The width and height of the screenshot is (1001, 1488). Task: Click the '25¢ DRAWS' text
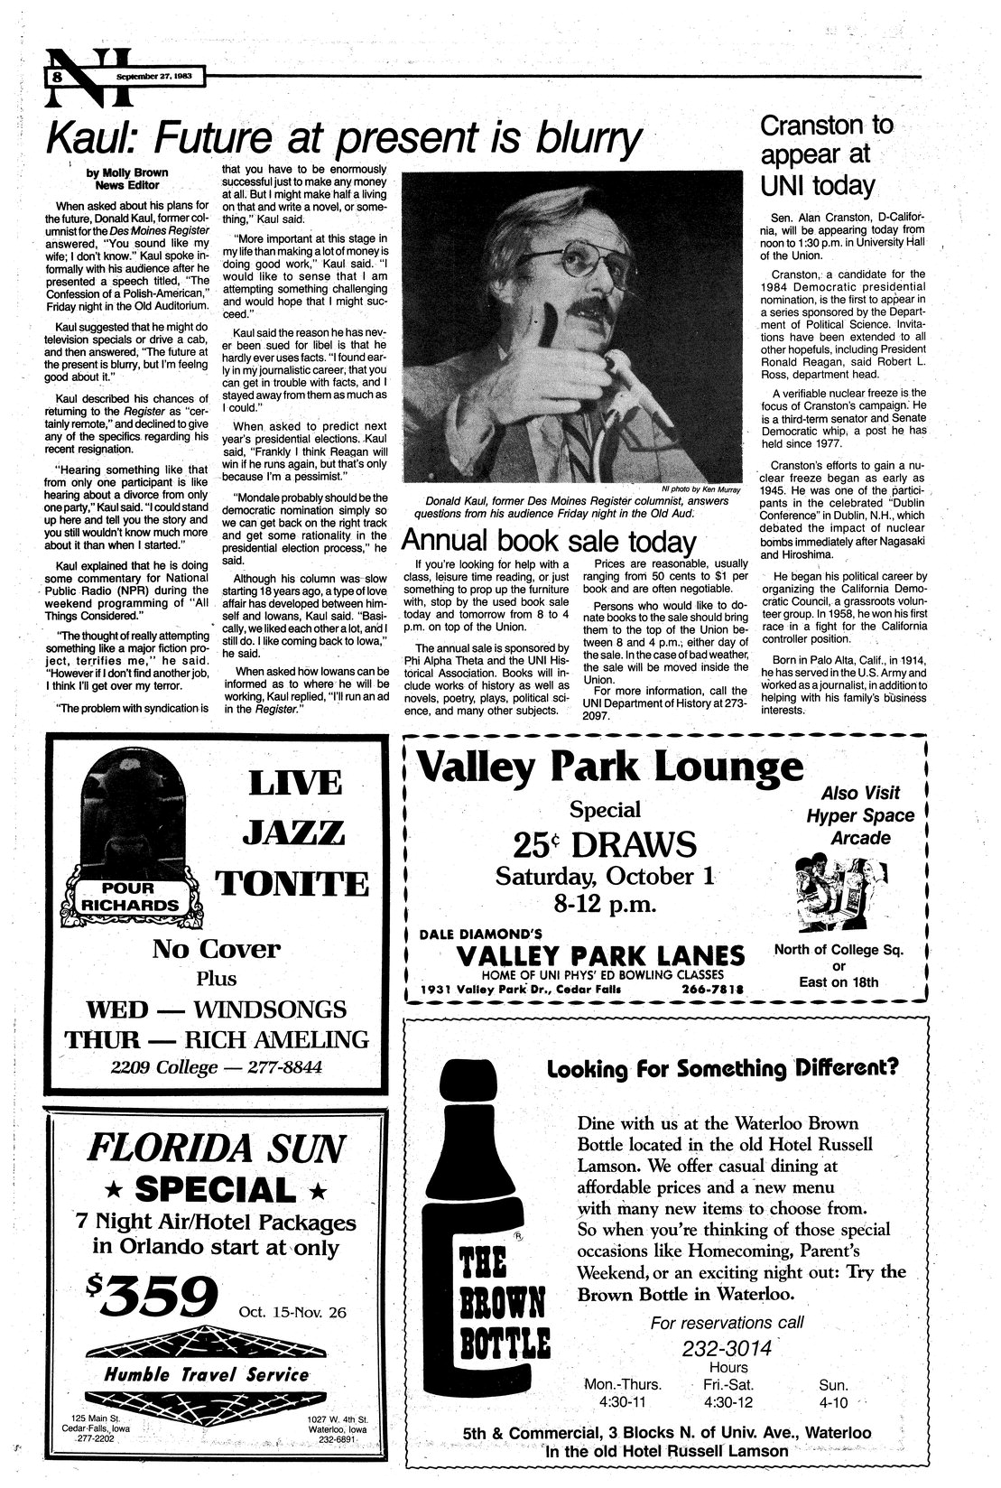[604, 844]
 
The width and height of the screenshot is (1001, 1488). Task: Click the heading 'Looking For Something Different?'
[723, 1067]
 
